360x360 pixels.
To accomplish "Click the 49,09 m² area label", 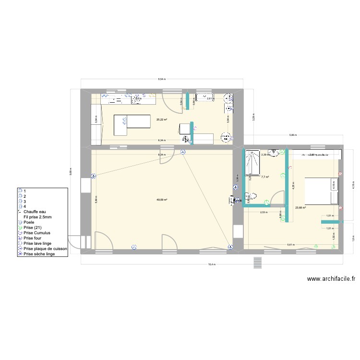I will [161, 200].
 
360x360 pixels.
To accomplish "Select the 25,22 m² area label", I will [161, 120].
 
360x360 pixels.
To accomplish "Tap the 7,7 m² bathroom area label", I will [264, 177].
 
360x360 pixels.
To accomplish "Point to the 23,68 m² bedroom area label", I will [300, 207].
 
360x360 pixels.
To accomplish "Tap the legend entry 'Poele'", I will [29, 222].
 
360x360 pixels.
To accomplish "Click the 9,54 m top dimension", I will [162, 79].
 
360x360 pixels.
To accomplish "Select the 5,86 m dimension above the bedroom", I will [292, 135].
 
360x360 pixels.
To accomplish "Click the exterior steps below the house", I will [257, 262].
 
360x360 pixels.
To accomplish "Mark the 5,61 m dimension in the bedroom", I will [290, 245].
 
